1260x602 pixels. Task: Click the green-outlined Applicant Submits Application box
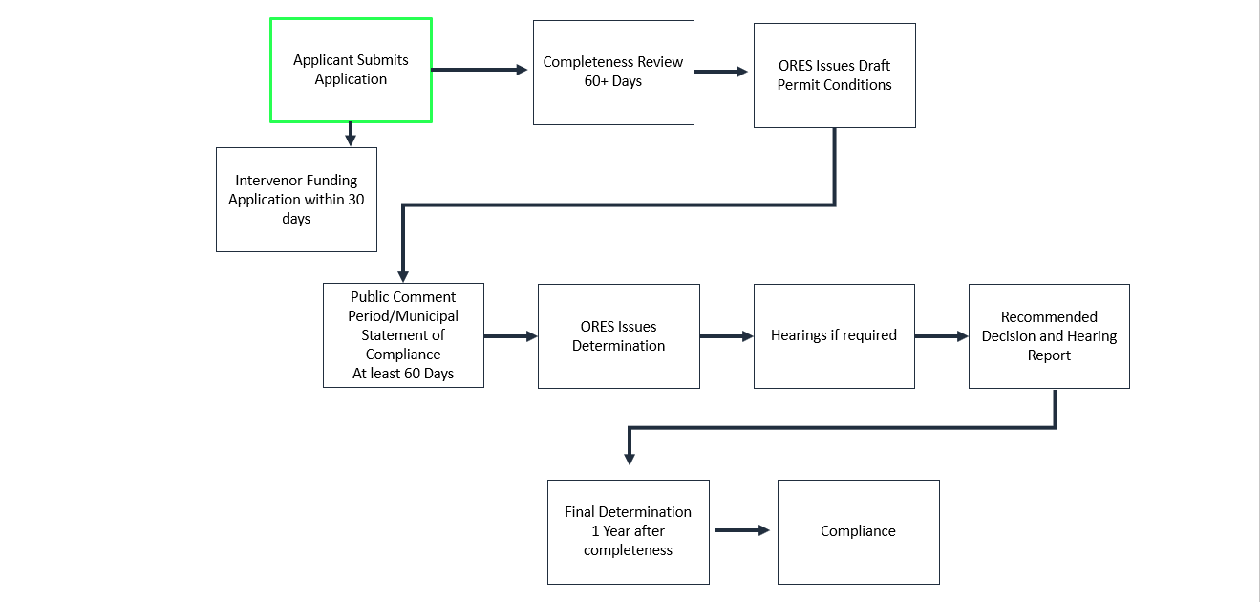point(351,70)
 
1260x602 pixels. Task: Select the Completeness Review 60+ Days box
point(613,72)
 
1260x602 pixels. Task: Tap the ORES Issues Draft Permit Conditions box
point(834,75)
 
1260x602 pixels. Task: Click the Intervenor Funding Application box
point(296,199)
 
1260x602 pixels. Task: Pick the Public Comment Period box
point(403,326)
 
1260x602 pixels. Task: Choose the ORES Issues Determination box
point(618,336)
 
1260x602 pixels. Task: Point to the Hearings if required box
point(834,335)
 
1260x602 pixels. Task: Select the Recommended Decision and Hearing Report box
point(1049,335)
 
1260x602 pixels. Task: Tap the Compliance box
point(858,531)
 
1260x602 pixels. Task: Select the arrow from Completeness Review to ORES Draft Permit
point(721,72)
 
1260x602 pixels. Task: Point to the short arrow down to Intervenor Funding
point(351,135)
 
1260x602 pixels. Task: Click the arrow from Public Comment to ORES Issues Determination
point(511,336)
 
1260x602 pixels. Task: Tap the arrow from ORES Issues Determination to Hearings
point(726,336)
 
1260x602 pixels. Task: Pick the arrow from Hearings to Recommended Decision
point(941,336)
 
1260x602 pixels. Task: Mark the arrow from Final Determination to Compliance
point(742,530)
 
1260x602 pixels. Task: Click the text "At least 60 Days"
point(403,374)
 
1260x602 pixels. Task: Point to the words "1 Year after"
point(628,531)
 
